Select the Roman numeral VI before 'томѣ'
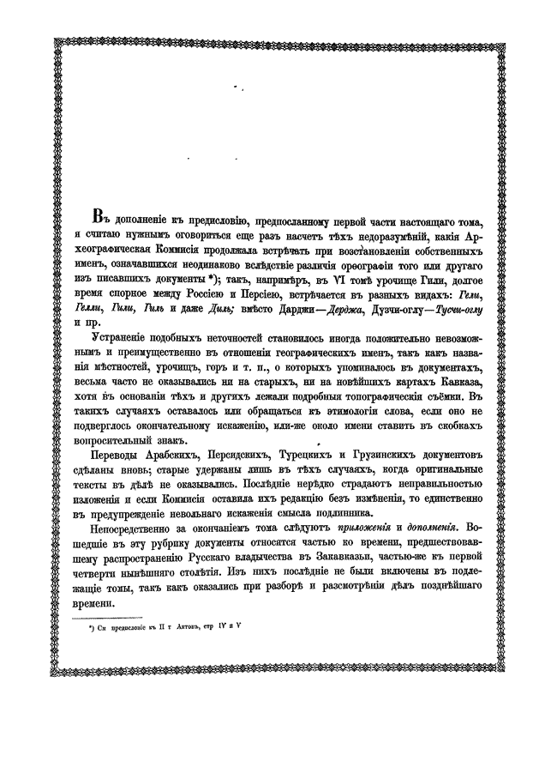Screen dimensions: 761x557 click(x=328, y=280)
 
